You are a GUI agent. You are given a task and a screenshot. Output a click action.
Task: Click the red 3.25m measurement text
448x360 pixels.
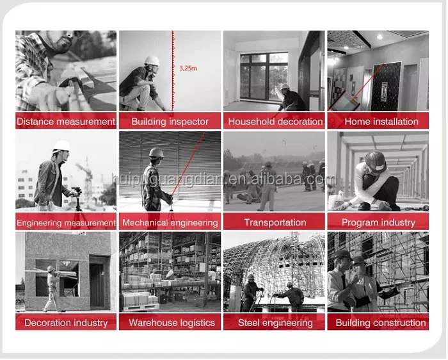pos(188,69)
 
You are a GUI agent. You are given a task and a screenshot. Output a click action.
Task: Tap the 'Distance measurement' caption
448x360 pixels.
pos(66,122)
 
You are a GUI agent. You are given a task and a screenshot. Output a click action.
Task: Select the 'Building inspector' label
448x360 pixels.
pos(170,122)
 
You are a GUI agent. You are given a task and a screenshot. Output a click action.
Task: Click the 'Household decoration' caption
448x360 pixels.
pos(275,122)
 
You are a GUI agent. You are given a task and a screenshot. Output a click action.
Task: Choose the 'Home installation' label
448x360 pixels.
pos(381,122)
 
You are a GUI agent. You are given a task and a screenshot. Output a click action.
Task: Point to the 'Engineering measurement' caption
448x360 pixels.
pos(66,223)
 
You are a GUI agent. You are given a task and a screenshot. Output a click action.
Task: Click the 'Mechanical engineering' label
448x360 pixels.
pos(170,223)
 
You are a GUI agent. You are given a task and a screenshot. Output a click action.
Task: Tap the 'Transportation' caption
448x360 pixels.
pos(275,222)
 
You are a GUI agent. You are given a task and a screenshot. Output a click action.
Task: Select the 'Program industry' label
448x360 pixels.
pos(378,223)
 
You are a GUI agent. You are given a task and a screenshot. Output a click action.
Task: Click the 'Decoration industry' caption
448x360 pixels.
pos(66,323)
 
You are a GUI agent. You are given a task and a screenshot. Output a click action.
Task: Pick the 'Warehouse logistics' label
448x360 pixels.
pos(172,323)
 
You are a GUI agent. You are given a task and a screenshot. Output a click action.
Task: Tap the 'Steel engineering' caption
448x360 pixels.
pos(275,323)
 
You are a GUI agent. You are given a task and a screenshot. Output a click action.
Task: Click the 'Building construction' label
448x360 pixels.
pos(381,323)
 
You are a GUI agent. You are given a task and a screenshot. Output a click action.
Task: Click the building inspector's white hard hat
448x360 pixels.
pos(152,60)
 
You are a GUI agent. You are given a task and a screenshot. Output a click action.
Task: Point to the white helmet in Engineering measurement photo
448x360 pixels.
pos(61,145)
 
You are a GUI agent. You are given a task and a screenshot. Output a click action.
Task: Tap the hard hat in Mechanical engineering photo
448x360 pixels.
pos(156,153)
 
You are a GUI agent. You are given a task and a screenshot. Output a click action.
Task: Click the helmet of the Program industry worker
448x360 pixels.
pos(375,161)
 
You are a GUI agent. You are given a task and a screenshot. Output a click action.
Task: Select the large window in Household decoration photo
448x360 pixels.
pos(264,77)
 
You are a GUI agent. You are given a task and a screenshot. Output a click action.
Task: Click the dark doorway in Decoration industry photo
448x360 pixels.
pos(97,283)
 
